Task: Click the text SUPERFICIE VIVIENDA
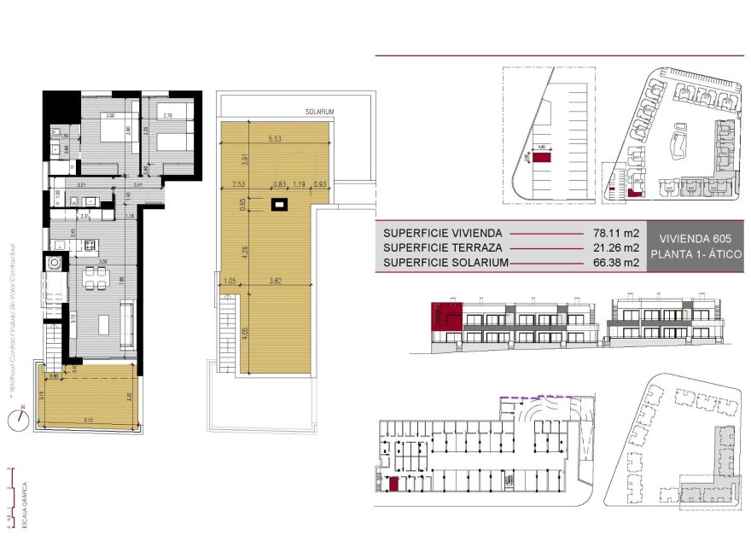pyautogui.click(x=443, y=232)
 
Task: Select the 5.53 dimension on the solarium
pyautogui.click(x=275, y=138)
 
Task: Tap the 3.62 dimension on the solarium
pyautogui.click(x=275, y=279)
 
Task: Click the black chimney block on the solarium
pyautogui.click(x=278, y=204)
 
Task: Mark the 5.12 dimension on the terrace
pyautogui.click(x=90, y=421)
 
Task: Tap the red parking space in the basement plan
pyautogui.click(x=393, y=485)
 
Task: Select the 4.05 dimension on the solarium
pyautogui.click(x=246, y=333)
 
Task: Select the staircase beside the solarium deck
pyautogui.click(x=226, y=333)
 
